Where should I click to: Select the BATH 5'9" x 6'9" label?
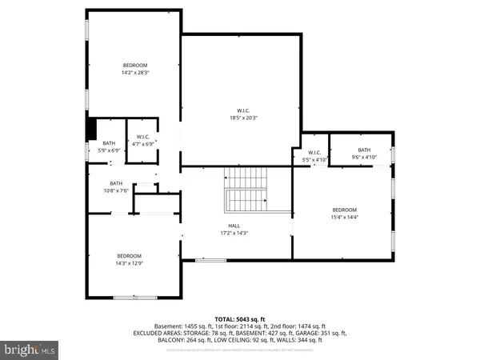[108, 146]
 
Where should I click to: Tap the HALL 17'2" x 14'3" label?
[234, 230]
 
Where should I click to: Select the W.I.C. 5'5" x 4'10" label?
[313, 155]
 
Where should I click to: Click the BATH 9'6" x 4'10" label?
[364, 153]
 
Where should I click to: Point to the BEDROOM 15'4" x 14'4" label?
[345, 213]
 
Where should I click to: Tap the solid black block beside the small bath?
[92, 128]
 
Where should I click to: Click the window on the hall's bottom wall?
[210, 260]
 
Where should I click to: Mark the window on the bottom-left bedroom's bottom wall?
[133, 297]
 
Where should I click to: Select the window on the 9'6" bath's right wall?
[394, 154]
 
